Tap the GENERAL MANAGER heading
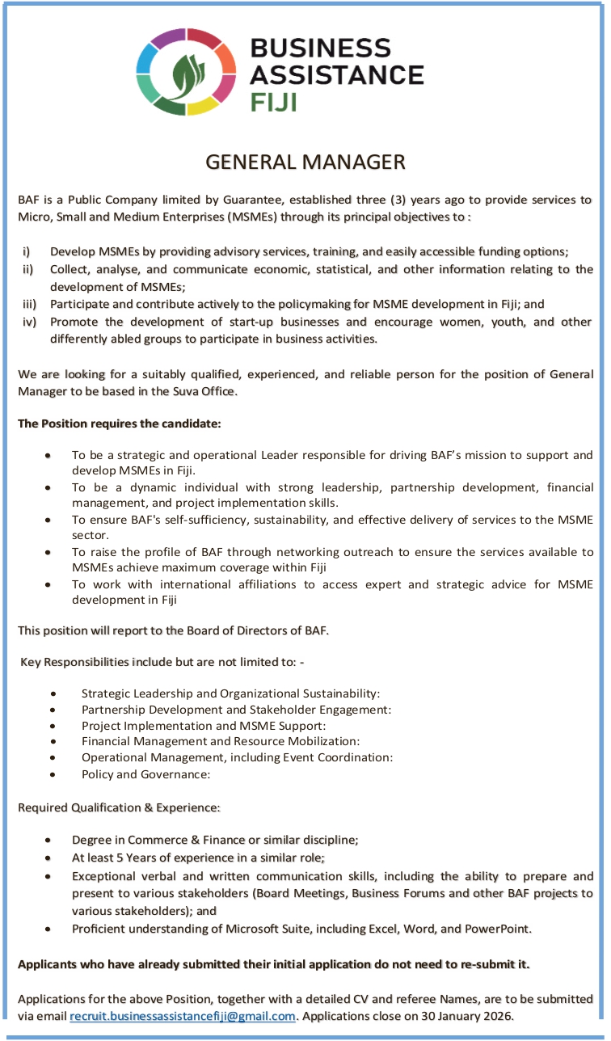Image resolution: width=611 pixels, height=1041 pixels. tap(305, 162)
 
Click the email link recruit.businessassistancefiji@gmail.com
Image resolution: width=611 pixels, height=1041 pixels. tap(183, 1016)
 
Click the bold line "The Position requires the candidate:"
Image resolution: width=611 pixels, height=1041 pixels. tap(119, 424)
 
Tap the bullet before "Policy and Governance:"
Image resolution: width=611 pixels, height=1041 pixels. tap(53, 773)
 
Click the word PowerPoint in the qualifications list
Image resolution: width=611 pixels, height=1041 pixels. tap(497, 928)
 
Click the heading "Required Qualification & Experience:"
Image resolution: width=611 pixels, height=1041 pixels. tap(119, 807)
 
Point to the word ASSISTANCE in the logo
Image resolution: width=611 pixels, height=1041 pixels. tap(336, 75)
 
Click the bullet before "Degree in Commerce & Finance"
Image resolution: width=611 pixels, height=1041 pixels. tap(51, 841)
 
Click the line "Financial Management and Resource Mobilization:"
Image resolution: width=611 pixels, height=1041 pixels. tap(221, 741)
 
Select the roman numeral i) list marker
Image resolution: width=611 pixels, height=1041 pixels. tap(27, 251)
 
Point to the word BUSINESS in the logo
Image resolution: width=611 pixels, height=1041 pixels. tap(320, 48)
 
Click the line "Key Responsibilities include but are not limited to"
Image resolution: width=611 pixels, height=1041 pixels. tap(162, 662)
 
